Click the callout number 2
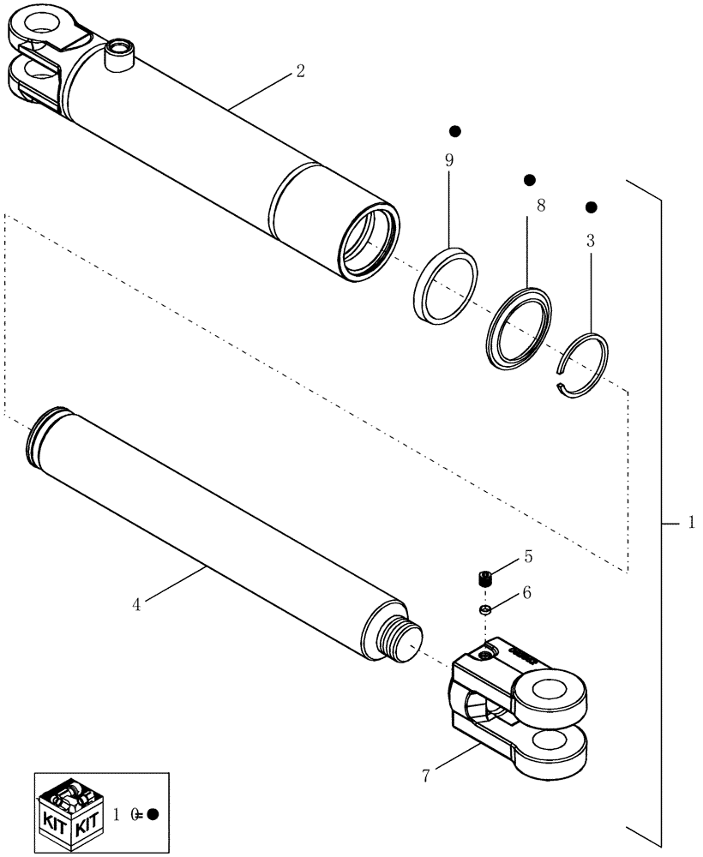tap(299, 72)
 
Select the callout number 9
tap(448, 160)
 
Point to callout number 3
tap(590, 241)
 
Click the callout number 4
tap(136, 603)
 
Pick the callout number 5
tap(528, 556)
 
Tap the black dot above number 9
tap(455, 131)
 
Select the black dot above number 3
tap(591, 207)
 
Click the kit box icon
tap(70, 809)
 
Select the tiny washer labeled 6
tap(484, 609)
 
